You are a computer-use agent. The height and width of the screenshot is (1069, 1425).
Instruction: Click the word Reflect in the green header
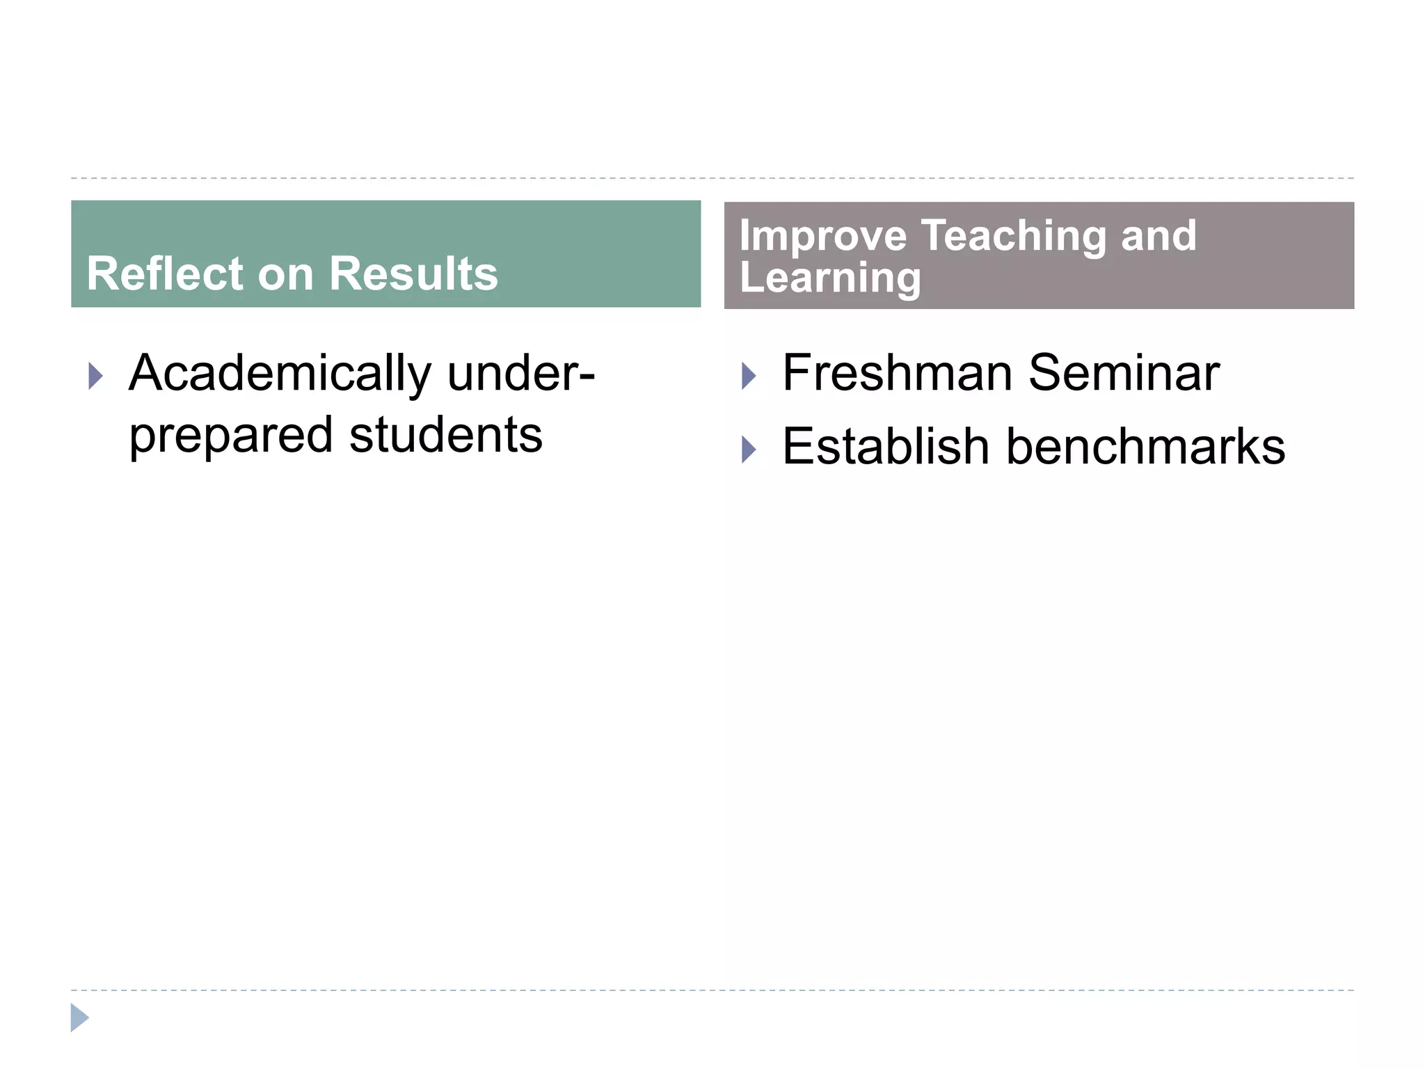click(164, 274)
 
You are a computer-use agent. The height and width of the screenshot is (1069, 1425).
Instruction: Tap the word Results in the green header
click(413, 274)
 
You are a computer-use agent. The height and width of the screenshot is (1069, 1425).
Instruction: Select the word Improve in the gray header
click(822, 236)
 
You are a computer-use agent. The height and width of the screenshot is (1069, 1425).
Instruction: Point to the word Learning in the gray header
click(830, 278)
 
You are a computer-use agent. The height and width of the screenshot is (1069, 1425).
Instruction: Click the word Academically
click(280, 374)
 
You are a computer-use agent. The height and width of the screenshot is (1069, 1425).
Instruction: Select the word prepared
click(231, 436)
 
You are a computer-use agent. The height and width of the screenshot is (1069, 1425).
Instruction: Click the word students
click(445, 435)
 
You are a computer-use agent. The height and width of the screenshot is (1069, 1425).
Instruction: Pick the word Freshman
click(897, 373)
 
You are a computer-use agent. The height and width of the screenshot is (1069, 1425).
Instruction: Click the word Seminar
click(1123, 373)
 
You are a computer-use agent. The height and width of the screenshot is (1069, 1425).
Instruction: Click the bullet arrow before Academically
click(96, 377)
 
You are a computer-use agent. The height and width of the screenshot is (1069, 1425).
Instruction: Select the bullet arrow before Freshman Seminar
click(749, 377)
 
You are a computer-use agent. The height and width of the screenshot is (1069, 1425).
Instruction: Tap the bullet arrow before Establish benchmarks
click(749, 450)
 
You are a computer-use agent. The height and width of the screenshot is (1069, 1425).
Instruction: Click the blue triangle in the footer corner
click(79, 1017)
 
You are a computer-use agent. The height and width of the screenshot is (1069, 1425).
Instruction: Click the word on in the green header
click(285, 274)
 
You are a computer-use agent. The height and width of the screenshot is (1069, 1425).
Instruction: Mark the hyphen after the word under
click(587, 377)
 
